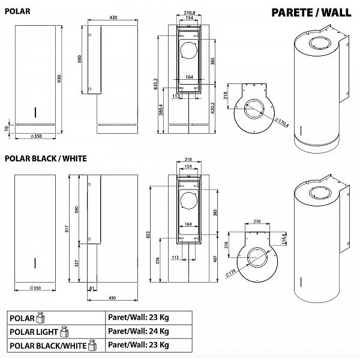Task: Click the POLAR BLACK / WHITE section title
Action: pyautogui.click(x=46, y=159)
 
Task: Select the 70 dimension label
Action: pyautogui.click(x=7, y=129)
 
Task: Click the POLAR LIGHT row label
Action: pyautogui.click(x=33, y=332)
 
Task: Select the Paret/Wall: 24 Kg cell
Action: pyautogui.click(x=138, y=331)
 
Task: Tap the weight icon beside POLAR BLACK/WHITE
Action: pyautogui.click(x=92, y=344)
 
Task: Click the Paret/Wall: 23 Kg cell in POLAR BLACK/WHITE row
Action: pyautogui.click(x=138, y=345)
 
